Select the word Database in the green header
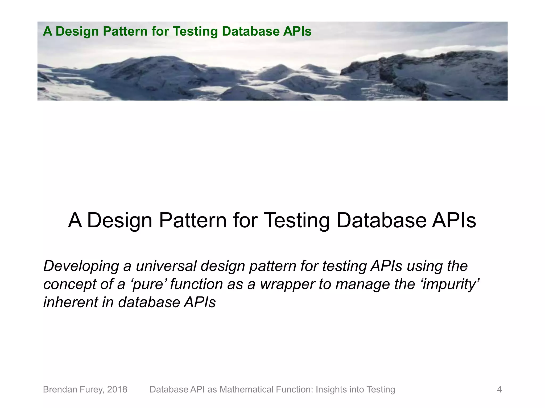[251, 31]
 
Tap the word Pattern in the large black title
[193, 220]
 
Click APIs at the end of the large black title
[454, 220]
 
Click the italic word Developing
[81, 266]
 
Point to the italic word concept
[70, 284]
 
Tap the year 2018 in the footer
[117, 389]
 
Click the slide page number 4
[499, 389]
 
